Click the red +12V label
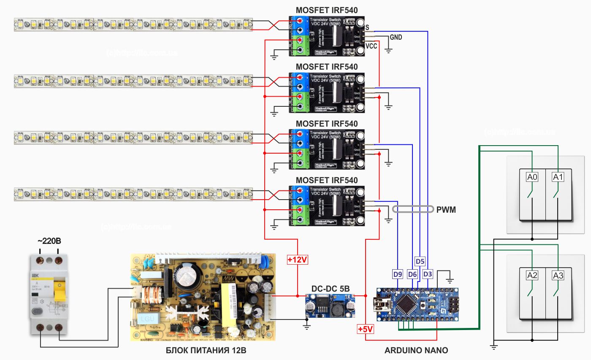pos(298,260)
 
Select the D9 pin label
pos(398,274)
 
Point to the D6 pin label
pos(412,274)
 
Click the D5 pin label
pos(420,260)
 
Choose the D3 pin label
pos(428,274)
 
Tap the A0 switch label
pos(532,178)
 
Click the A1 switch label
pos(558,178)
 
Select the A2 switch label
pos(532,276)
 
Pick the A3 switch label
pos(558,276)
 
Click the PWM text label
pos(447,210)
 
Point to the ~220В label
pos(49,241)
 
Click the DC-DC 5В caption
pos(330,288)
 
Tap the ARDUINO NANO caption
pos(416,350)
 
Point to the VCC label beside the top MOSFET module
pos(371,46)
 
